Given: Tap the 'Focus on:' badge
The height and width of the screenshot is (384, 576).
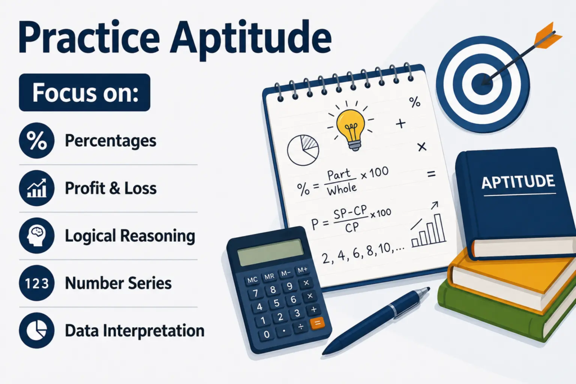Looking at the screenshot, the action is (84, 93).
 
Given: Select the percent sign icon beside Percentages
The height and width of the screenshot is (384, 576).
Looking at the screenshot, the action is (37, 141).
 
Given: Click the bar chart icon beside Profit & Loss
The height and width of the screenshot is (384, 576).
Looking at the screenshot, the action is (37, 188).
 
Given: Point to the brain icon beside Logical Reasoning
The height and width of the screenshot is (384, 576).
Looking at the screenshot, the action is (37, 236).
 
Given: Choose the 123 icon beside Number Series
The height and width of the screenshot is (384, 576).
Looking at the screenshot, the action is (37, 283).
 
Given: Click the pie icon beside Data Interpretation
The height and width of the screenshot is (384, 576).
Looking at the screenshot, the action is (37, 331).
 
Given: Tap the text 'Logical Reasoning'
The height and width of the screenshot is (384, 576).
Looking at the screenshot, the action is (130, 236).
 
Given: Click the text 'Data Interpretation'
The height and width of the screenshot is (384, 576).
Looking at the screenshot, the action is (135, 331).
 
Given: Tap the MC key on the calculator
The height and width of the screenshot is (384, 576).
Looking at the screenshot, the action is (253, 280).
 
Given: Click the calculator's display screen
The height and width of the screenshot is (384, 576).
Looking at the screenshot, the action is (270, 252).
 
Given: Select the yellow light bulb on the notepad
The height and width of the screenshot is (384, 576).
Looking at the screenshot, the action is (351, 129).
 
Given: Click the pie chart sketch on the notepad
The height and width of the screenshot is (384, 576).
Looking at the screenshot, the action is (303, 150).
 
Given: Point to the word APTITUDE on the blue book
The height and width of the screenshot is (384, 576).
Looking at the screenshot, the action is (518, 182).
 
